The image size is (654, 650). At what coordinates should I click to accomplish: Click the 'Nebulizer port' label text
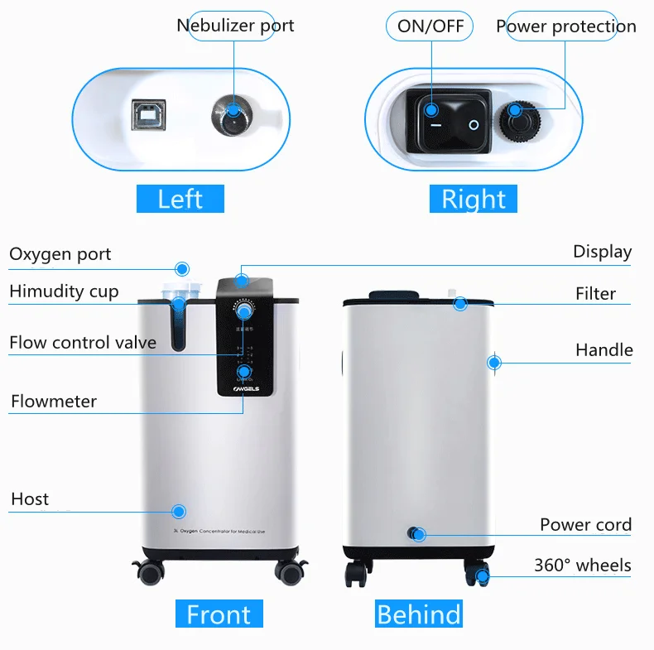(x=235, y=25)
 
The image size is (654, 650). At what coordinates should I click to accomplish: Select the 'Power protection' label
(x=565, y=26)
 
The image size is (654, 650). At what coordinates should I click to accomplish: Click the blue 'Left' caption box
(x=180, y=199)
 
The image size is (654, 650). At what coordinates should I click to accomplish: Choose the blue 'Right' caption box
(x=473, y=199)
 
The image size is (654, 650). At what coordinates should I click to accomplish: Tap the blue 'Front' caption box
(x=219, y=614)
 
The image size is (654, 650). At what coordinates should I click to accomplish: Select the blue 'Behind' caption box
(x=418, y=614)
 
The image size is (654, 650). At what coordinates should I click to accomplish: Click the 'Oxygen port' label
(x=60, y=254)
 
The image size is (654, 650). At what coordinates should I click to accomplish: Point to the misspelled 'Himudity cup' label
(x=64, y=291)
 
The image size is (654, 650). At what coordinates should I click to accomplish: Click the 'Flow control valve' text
(x=83, y=342)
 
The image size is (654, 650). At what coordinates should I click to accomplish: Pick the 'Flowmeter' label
(x=54, y=402)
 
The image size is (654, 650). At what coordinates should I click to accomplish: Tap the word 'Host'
(x=30, y=498)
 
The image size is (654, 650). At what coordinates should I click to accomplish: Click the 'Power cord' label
(x=585, y=524)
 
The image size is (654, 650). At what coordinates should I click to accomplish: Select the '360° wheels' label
(x=582, y=566)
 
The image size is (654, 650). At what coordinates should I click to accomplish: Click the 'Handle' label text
(x=604, y=350)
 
